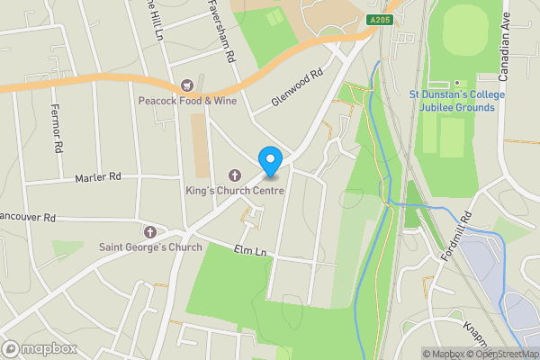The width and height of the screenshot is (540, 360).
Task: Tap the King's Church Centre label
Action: coord(234,191)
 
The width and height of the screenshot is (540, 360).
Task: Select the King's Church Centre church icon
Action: coord(237,175)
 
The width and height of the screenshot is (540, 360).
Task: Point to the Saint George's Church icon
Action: coord(151,231)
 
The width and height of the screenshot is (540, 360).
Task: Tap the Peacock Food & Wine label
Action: coord(186,101)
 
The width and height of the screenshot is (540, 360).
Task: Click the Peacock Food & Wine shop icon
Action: coord(187,85)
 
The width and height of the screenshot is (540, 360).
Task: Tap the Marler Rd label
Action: coord(98,177)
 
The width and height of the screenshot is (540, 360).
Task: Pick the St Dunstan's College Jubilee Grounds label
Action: coord(457,101)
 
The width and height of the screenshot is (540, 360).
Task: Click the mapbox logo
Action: coord(39,348)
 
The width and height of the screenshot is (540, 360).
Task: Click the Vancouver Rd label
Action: coord(28,218)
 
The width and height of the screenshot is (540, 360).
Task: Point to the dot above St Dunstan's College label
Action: coord(457,82)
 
